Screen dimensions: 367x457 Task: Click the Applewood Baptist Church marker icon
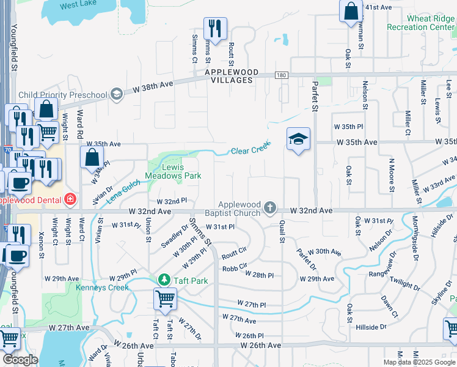pos(270,209)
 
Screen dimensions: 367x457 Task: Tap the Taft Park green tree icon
pos(164,280)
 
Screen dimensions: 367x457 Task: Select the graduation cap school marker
pos(298,139)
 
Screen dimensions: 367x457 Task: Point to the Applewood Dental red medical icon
pos(71,199)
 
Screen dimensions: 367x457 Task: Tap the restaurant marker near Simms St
pos(215,28)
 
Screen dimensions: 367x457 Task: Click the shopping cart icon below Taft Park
pos(165,300)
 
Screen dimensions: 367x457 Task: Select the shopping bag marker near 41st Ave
pos(351,11)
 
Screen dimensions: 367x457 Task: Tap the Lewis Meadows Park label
pos(174,171)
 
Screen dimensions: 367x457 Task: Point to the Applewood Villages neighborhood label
pos(229,76)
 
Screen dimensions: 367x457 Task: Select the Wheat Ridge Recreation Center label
pos(421,23)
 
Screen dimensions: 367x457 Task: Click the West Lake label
pos(79,5)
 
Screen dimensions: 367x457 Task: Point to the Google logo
pos(20,359)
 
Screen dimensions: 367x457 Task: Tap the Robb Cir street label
pos(234,266)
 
